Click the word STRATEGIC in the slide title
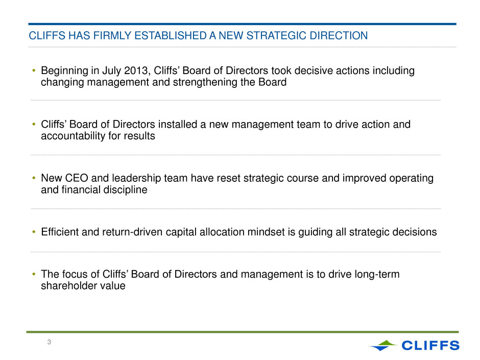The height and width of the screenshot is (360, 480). [276, 36]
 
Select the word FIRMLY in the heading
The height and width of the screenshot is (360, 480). [112, 36]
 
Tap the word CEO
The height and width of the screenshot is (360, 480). [77, 178]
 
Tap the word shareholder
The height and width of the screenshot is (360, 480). [69, 285]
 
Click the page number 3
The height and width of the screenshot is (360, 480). [49, 342]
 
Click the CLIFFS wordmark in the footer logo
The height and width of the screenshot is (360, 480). [430, 345]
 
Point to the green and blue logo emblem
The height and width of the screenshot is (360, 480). [383, 345]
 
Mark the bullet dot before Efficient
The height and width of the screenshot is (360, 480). [34, 232]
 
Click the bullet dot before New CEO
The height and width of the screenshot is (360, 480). [34, 178]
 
